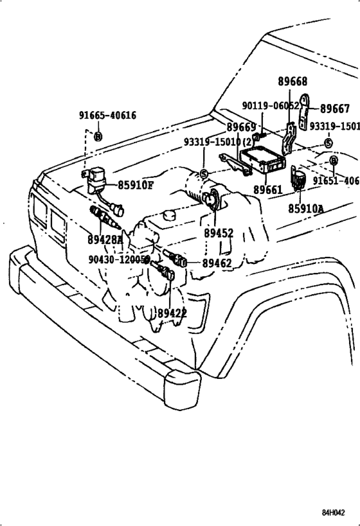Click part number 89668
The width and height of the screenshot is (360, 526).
292,82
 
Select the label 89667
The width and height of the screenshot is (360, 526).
335,109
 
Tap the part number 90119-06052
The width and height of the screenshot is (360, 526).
271,106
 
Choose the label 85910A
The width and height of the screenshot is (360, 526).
306,209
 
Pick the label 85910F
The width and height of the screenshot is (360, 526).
136,186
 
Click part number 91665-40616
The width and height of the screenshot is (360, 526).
107,116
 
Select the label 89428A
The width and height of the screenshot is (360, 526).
106,240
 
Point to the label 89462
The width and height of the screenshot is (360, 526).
217,263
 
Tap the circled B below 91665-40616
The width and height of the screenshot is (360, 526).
98,136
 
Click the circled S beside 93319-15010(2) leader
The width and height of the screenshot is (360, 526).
204,173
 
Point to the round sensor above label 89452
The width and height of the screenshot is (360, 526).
210,200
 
